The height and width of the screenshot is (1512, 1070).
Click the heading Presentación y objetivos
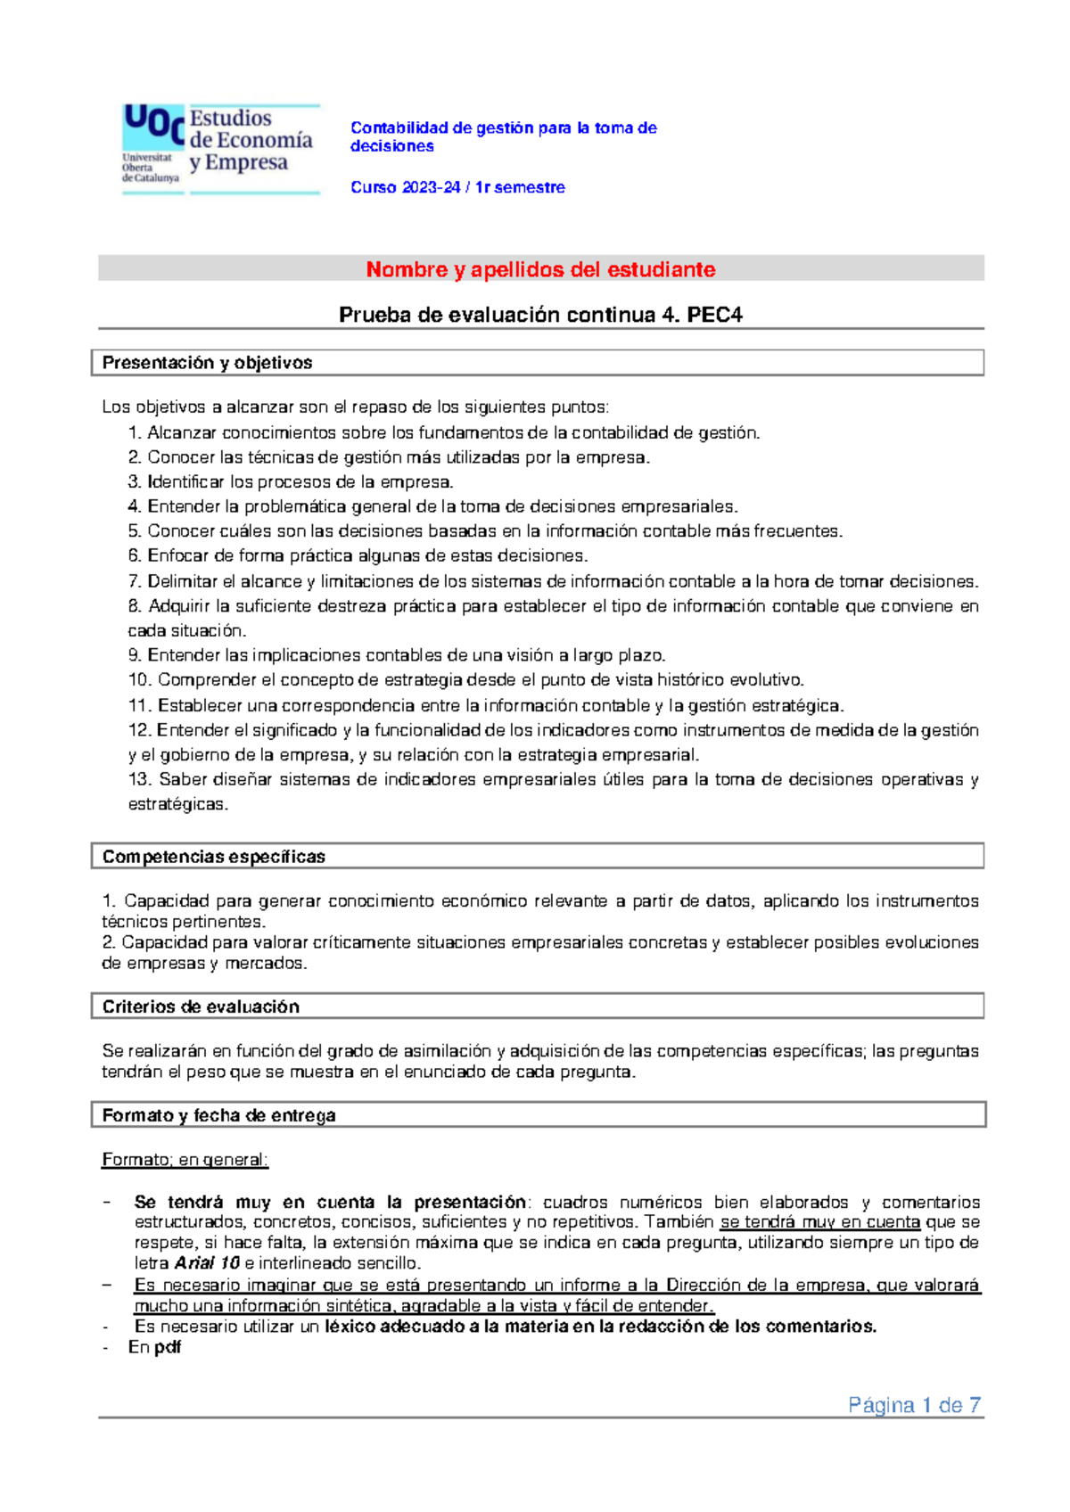tap(207, 363)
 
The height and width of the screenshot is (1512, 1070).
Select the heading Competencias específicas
tap(213, 857)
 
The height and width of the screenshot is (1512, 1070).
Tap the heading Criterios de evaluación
tap(201, 1007)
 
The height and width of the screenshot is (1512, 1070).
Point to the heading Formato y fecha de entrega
tap(218, 1115)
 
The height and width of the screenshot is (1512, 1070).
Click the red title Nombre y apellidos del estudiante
tap(540, 269)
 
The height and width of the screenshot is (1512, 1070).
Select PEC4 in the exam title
tap(714, 315)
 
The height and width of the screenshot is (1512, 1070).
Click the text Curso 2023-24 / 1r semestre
tap(457, 187)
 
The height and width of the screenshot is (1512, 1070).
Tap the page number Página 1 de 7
tap(914, 1406)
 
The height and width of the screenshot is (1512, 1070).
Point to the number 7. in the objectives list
tap(135, 581)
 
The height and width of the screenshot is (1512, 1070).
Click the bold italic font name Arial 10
tap(207, 1263)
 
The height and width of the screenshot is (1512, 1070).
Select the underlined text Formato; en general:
tap(185, 1160)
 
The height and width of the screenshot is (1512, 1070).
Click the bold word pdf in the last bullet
tap(168, 1347)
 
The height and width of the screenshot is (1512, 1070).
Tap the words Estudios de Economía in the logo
tap(251, 129)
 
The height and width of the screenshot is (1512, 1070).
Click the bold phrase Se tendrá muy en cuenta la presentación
tap(330, 1202)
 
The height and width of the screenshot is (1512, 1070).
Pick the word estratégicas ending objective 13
tap(177, 804)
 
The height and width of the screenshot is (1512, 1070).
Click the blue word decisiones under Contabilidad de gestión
tap(391, 146)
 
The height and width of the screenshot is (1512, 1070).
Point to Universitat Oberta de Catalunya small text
tap(150, 168)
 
